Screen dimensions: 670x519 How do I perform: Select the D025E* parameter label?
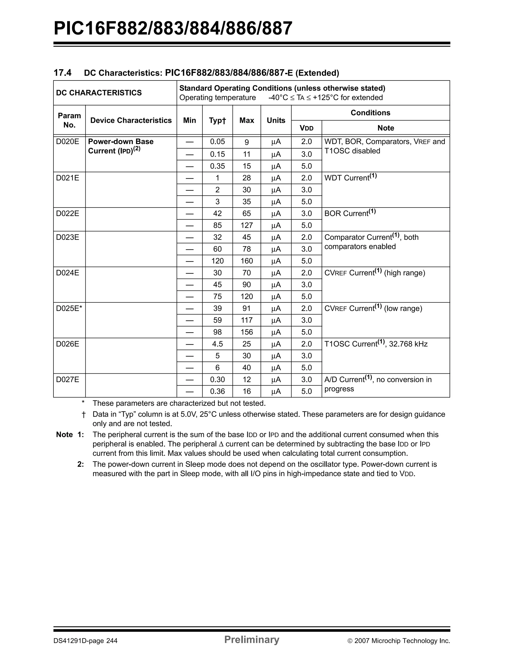pos(69,308)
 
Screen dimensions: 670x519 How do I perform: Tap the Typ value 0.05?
pos(217,141)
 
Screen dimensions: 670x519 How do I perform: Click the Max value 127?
pos(246,225)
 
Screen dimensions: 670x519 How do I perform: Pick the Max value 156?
pos(246,332)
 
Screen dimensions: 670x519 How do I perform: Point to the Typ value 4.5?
pos(217,344)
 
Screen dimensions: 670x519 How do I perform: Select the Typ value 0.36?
pos(217,391)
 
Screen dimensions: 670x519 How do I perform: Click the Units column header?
pos(276,120)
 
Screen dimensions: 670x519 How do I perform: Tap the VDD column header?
pos(306,128)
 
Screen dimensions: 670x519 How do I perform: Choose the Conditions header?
pos(370,113)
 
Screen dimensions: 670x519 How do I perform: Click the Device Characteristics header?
pos(131,120)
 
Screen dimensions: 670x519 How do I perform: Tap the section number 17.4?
pos(62,73)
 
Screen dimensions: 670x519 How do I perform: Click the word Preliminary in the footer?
pos(251,639)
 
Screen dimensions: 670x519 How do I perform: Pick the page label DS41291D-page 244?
pos(85,641)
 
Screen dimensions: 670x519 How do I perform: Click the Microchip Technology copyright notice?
pos(399,641)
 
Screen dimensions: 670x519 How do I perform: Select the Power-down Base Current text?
pos(120,146)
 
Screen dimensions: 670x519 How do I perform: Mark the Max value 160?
pos(246,261)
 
